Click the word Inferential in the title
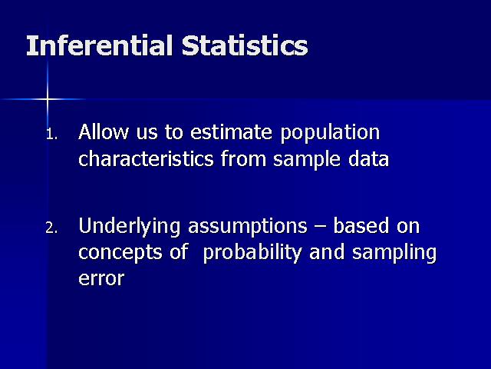100,46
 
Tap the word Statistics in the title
245,46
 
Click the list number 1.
51,135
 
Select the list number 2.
51,228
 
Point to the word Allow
104,131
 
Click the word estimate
231,132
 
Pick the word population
330,134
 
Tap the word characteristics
146,158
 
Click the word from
243,158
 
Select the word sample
307,160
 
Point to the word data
368,158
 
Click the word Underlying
130,228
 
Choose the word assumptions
248,228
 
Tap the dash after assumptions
321,228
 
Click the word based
361,225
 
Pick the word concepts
120,254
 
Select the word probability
252,254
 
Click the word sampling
394,254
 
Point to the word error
101,278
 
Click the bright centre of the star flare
48,99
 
